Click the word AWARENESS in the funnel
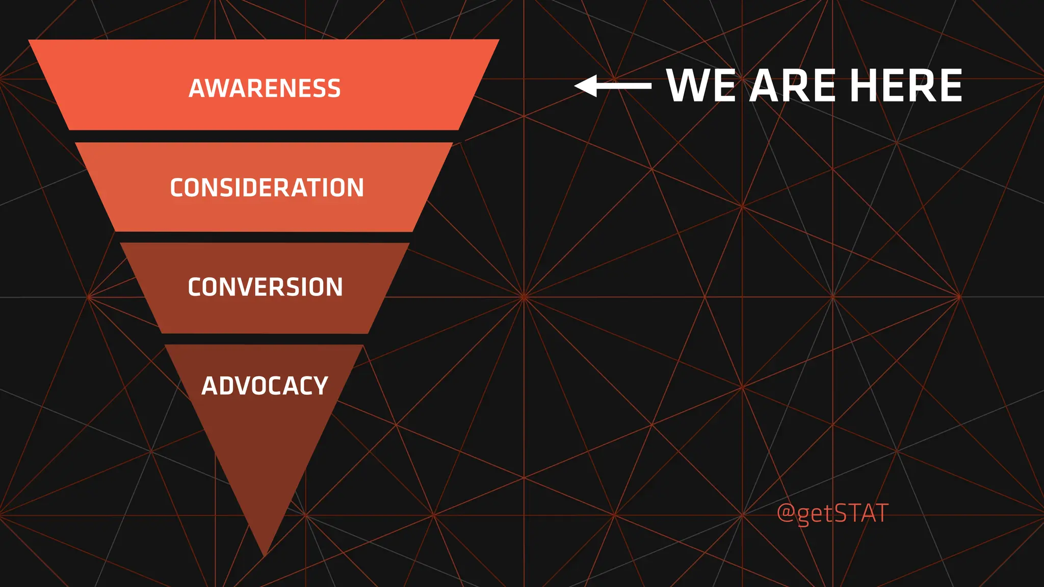(265, 88)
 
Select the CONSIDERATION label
(267, 188)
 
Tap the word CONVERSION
(265, 287)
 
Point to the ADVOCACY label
(265, 386)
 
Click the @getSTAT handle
(832, 513)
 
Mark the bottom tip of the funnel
(265, 554)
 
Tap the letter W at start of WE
(688, 86)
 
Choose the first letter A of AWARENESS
(197, 88)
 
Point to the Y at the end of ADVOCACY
(321, 386)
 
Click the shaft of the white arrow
(624, 86)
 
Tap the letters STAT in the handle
(862, 513)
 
